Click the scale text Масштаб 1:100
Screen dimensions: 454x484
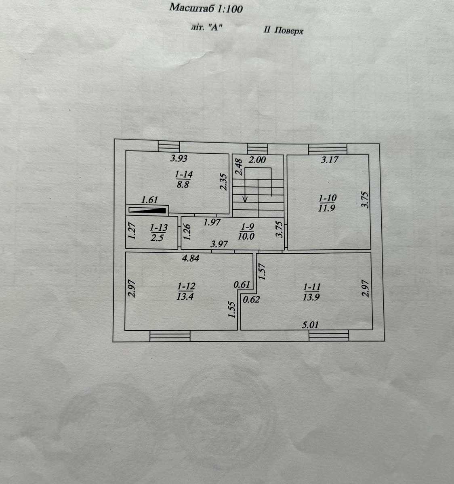(x=206, y=8)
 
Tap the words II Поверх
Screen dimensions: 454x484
(x=284, y=31)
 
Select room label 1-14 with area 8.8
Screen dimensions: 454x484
(x=183, y=179)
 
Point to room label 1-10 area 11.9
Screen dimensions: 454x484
(x=327, y=203)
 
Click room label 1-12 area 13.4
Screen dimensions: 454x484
(x=186, y=291)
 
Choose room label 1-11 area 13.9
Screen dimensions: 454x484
(x=311, y=292)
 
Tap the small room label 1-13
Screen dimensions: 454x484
(x=159, y=232)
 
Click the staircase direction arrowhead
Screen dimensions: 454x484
(x=245, y=199)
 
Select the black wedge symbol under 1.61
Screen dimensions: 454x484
(x=147, y=210)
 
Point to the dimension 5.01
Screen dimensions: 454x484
(x=310, y=325)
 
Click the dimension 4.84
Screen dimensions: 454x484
(x=190, y=258)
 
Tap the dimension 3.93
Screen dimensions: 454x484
(x=179, y=159)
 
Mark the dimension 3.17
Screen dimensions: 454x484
(x=330, y=160)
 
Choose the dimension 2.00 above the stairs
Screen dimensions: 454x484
(x=257, y=160)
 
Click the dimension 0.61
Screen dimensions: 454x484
(x=242, y=284)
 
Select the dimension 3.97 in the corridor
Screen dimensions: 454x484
(x=219, y=244)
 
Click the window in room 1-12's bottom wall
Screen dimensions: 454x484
(x=170, y=336)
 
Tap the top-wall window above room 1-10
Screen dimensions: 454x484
(x=328, y=149)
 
